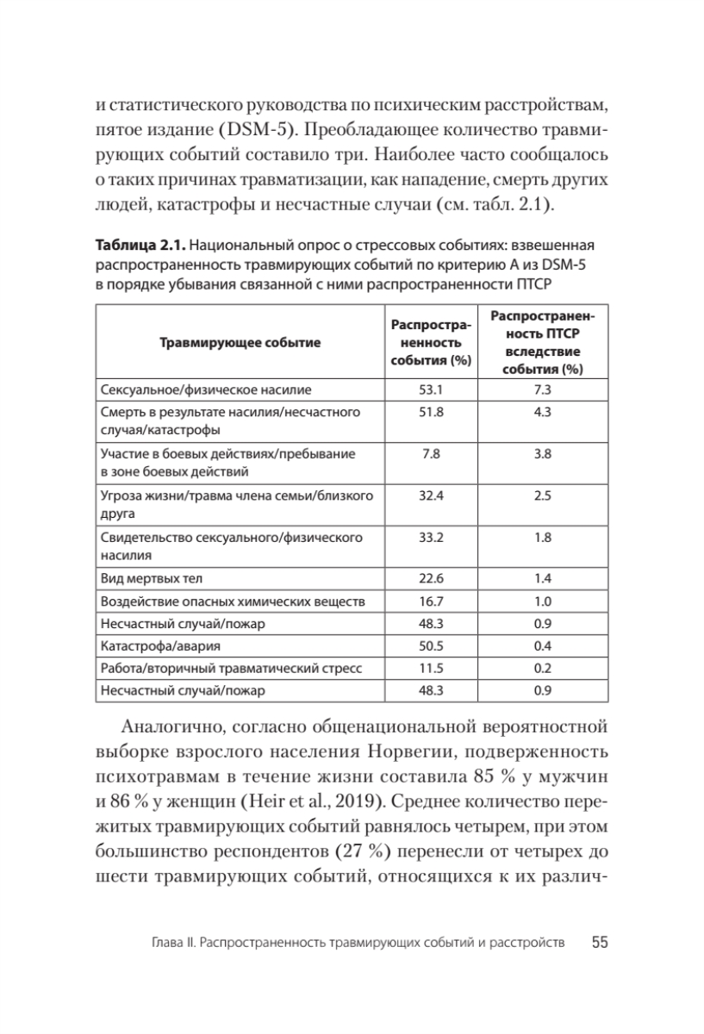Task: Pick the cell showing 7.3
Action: (542, 389)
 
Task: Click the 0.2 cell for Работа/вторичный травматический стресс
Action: (542, 668)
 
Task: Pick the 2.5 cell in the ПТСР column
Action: (542, 496)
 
